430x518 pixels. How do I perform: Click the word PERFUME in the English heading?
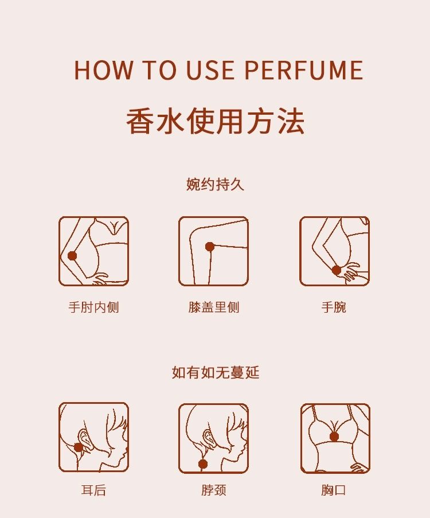click(304, 70)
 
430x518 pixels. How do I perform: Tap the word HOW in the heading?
click(103, 70)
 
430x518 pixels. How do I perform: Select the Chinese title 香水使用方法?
click(216, 121)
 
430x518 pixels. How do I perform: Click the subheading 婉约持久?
click(215, 184)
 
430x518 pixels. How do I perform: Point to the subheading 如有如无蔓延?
click(216, 372)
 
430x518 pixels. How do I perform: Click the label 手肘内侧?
click(94, 307)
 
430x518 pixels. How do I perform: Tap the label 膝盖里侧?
click(214, 307)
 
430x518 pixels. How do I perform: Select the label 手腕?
click(334, 307)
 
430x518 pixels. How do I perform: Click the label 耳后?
click(94, 489)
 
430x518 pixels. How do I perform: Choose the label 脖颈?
click(214, 489)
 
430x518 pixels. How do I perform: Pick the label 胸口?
click(334, 489)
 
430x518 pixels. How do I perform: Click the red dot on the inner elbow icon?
click(72, 255)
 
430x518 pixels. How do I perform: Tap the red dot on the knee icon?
click(210, 247)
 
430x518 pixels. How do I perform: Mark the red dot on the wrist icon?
click(336, 270)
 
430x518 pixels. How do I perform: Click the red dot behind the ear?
click(79, 447)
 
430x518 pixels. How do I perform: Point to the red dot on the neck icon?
click(203, 464)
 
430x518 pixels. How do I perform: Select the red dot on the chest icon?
click(334, 437)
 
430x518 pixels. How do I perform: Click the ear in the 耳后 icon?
click(84, 438)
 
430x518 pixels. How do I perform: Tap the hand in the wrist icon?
click(350, 271)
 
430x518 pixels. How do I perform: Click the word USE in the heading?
click(210, 70)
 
